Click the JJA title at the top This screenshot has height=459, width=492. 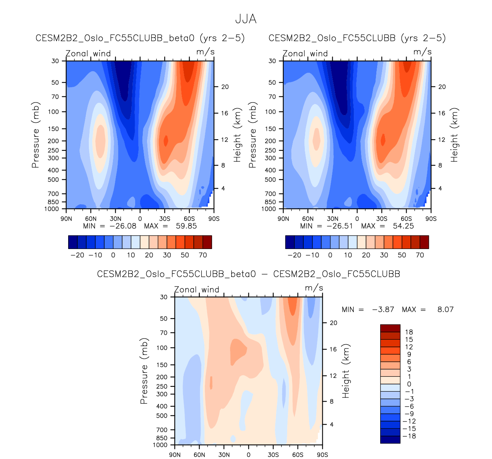(x=245, y=19)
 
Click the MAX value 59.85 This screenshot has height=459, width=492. (x=186, y=226)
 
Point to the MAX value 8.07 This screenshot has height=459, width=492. (x=445, y=309)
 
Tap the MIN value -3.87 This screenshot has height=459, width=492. (x=383, y=309)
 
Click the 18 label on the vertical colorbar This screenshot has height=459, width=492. (x=409, y=332)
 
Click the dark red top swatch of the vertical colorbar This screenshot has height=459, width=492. (x=390, y=328)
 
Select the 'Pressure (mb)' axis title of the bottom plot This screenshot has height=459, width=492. (x=144, y=371)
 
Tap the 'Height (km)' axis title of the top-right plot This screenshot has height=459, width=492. (x=454, y=135)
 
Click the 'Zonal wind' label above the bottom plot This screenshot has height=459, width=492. (x=197, y=290)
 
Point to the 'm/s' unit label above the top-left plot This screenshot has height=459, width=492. (x=205, y=52)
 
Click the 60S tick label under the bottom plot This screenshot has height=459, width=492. (x=297, y=455)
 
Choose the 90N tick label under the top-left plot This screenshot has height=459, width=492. (x=66, y=219)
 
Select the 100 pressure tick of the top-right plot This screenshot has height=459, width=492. (x=271, y=112)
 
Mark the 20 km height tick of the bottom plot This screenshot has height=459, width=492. (x=333, y=323)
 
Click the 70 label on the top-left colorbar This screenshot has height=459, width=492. (x=203, y=255)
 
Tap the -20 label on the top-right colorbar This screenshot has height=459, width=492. (x=294, y=255)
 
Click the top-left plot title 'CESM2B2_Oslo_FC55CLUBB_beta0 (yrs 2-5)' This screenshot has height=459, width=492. (x=140, y=38)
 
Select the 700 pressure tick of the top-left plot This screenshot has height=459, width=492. (x=56, y=194)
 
